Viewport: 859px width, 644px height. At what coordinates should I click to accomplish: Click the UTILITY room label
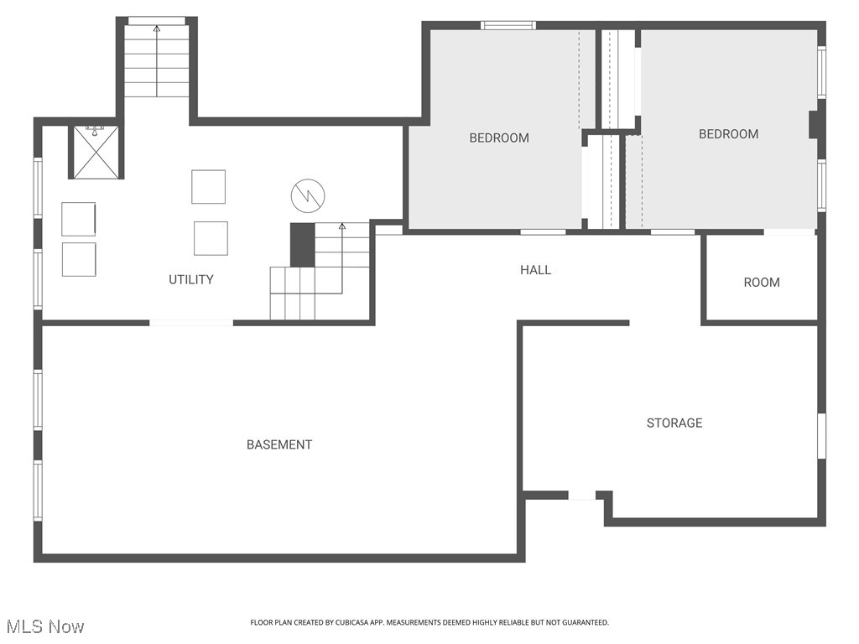pos(191,279)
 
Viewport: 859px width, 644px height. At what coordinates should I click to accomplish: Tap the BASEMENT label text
pos(279,444)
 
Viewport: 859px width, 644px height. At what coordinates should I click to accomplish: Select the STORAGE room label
pos(674,423)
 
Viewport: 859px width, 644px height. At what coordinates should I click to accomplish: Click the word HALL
pos(535,269)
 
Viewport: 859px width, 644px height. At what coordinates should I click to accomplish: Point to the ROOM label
pos(762,283)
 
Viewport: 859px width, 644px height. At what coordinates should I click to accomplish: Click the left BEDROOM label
pos(499,138)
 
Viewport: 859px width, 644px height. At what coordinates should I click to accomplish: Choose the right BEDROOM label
pos(728,134)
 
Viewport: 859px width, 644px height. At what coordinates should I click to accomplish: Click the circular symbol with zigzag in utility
pos(307,196)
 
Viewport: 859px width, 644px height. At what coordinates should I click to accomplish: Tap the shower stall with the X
pos(95,152)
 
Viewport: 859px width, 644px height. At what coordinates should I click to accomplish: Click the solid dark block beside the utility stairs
pos(302,244)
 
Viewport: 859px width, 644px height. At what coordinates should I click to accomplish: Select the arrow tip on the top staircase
pos(157,29)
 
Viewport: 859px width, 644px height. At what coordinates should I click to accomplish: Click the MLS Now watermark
pos(45,626)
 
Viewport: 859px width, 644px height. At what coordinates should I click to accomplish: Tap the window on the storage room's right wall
pos(822,436)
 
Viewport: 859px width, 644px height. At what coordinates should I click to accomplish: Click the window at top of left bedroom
pos(508,25)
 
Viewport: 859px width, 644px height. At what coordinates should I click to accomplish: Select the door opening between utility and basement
pos(191,322)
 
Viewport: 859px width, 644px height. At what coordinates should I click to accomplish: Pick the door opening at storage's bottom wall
pos(582,496)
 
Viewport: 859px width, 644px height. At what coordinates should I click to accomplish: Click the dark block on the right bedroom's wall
pos(814,124)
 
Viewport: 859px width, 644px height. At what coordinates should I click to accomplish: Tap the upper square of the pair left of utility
pos(78,219)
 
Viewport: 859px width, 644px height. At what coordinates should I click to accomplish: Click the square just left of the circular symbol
pos(208,186)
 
